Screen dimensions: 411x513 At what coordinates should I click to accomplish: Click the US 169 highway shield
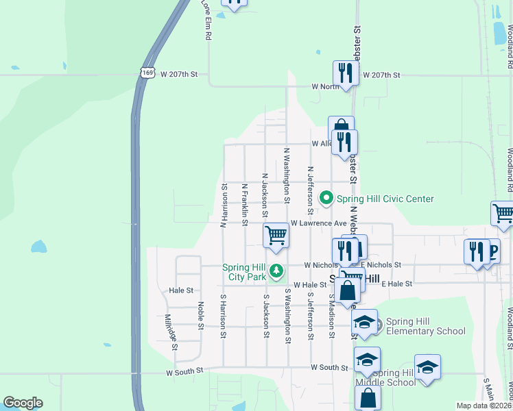[x=146, y=73]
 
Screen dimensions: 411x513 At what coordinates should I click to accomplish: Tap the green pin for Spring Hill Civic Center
[x=327, y=199]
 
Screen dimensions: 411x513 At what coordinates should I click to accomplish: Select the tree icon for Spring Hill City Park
[x=276, y=271]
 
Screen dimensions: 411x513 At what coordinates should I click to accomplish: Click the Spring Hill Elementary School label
[x=425, y=327]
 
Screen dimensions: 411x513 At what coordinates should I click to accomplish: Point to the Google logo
[x=23, y=403]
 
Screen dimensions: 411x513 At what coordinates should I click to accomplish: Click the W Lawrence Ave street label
[x=318, y=223]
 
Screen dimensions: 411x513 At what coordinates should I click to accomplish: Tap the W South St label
[x=185, y=372]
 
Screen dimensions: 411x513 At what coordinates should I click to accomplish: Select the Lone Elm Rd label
[x=204, y=19]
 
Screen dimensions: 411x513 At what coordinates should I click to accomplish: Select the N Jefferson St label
[x=311, y=188]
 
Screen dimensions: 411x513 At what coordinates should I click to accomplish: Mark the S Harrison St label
[x=223, y=316]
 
